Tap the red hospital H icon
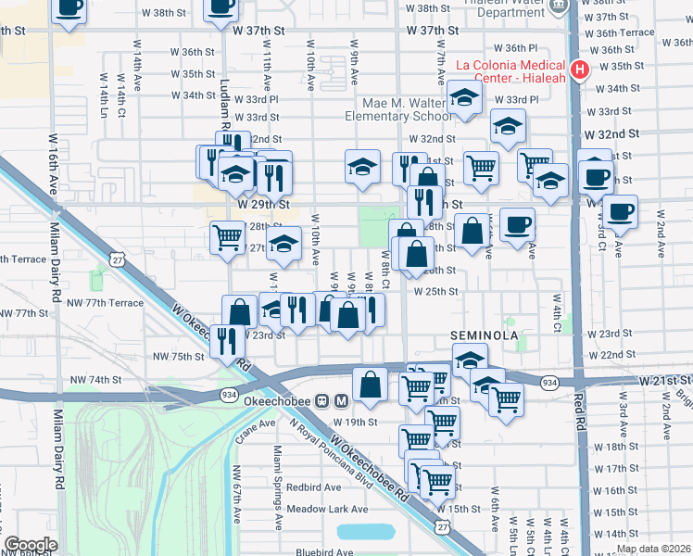(580, 69)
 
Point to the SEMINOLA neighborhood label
(482, 334)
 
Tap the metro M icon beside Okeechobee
(341, 401)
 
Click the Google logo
(31, 545)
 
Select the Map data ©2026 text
(653, 549)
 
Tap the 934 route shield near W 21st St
(550, 382)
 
